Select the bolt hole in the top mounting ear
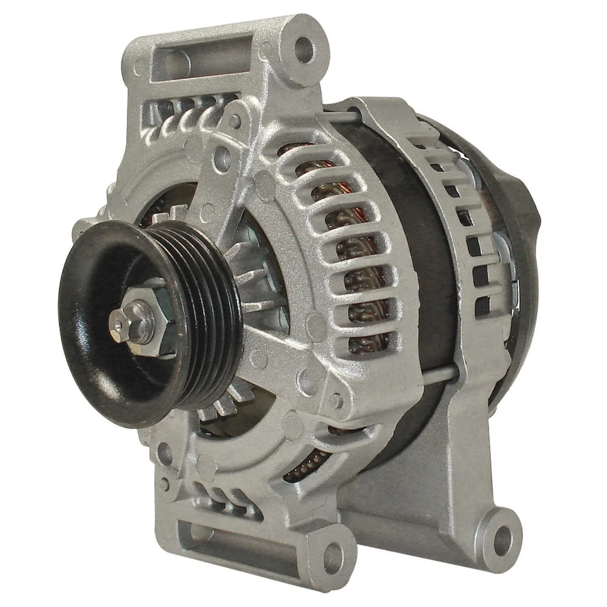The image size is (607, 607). pos(304,49)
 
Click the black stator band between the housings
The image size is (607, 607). pos(436,253)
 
